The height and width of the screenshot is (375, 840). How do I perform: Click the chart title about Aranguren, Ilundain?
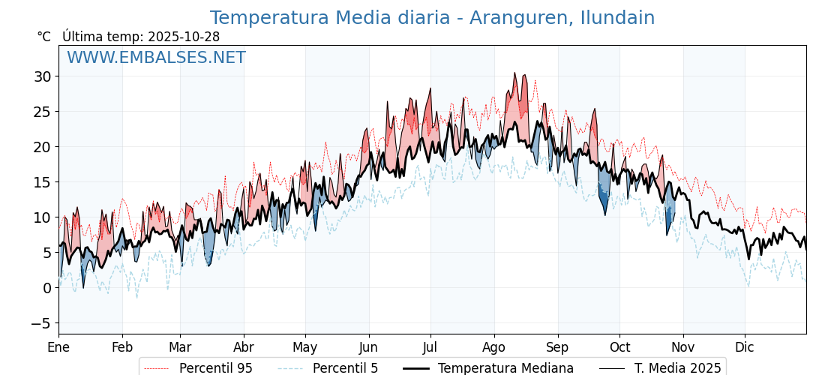click(432, 18)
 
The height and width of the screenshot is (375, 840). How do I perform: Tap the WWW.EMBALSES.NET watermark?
click(156, 58)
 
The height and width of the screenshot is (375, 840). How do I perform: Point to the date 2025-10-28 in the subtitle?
click(184, 37)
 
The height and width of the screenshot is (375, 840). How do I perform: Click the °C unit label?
click(44, 37)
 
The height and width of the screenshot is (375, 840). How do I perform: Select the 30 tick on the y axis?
click(42, 76)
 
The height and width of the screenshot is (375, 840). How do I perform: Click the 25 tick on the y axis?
click(42, 112)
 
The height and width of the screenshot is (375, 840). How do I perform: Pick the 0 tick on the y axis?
click(46, 288)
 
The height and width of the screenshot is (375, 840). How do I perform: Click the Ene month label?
click(58, 347)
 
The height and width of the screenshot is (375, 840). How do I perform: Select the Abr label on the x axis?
click(244, 347)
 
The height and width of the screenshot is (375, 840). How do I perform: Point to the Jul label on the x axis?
click(430, 347)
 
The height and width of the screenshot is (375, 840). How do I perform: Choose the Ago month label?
click(494, 347)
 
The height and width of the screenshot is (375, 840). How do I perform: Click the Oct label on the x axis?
click(619, 347)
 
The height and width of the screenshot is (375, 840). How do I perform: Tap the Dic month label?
click(745, 347)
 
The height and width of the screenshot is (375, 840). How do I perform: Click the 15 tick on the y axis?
click(42, 182)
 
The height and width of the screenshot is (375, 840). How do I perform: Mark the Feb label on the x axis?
click(122, 347)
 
